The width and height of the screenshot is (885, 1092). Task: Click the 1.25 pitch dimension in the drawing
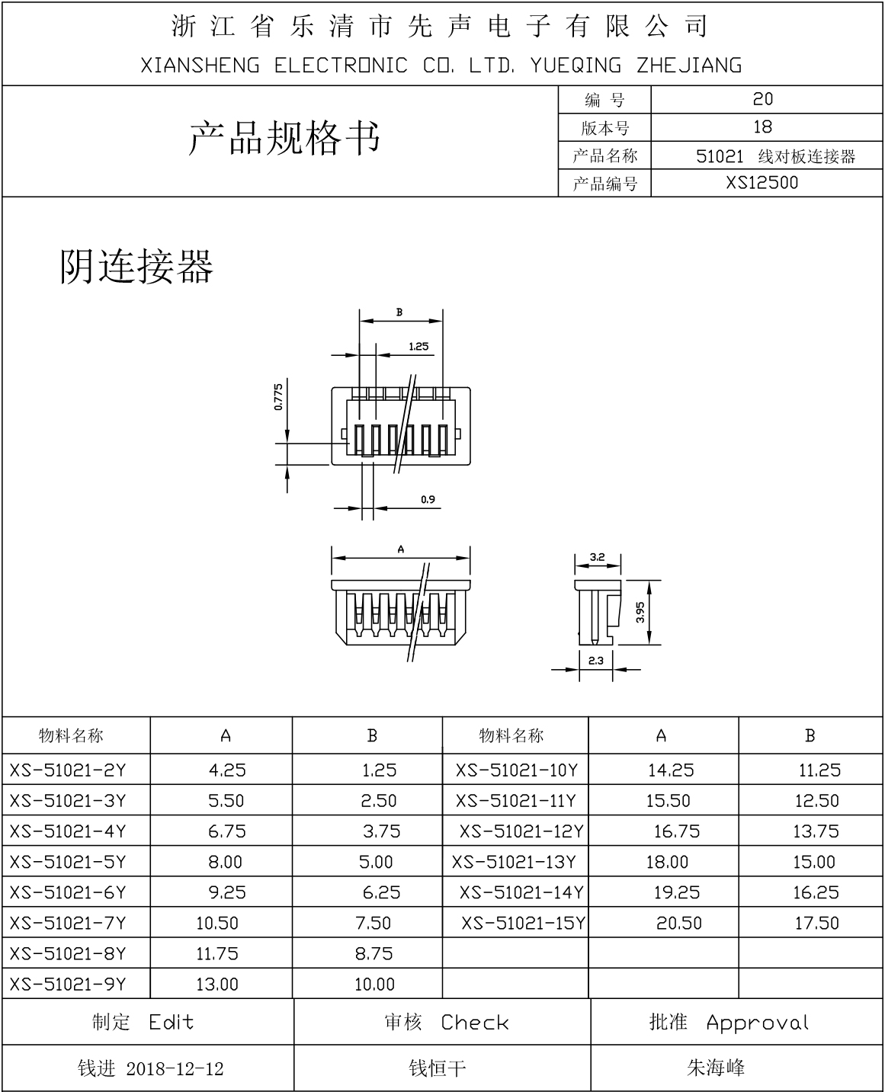418,346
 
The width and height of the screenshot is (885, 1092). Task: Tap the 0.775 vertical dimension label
278,397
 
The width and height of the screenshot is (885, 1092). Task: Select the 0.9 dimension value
428,500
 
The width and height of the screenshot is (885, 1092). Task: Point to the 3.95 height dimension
640,613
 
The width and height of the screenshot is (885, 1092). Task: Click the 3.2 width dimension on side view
597,557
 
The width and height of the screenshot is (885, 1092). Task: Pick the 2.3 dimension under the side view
595,660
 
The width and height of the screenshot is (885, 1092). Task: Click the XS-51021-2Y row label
68,770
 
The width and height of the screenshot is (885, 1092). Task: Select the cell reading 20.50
678,924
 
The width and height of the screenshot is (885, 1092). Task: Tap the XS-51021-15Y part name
523,924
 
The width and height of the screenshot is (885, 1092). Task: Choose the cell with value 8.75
374,954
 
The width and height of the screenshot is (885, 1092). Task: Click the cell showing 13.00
216,985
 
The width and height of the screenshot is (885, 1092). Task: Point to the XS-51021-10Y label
517,770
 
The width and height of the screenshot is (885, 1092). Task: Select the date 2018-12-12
175,1069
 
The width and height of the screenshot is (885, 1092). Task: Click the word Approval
757,1023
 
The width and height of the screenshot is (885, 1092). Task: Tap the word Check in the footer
474,1023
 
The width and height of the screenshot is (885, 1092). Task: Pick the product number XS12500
762,183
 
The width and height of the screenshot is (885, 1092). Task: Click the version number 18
762,127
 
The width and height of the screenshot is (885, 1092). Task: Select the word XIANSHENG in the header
200,66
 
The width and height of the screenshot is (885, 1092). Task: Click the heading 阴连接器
136,266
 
